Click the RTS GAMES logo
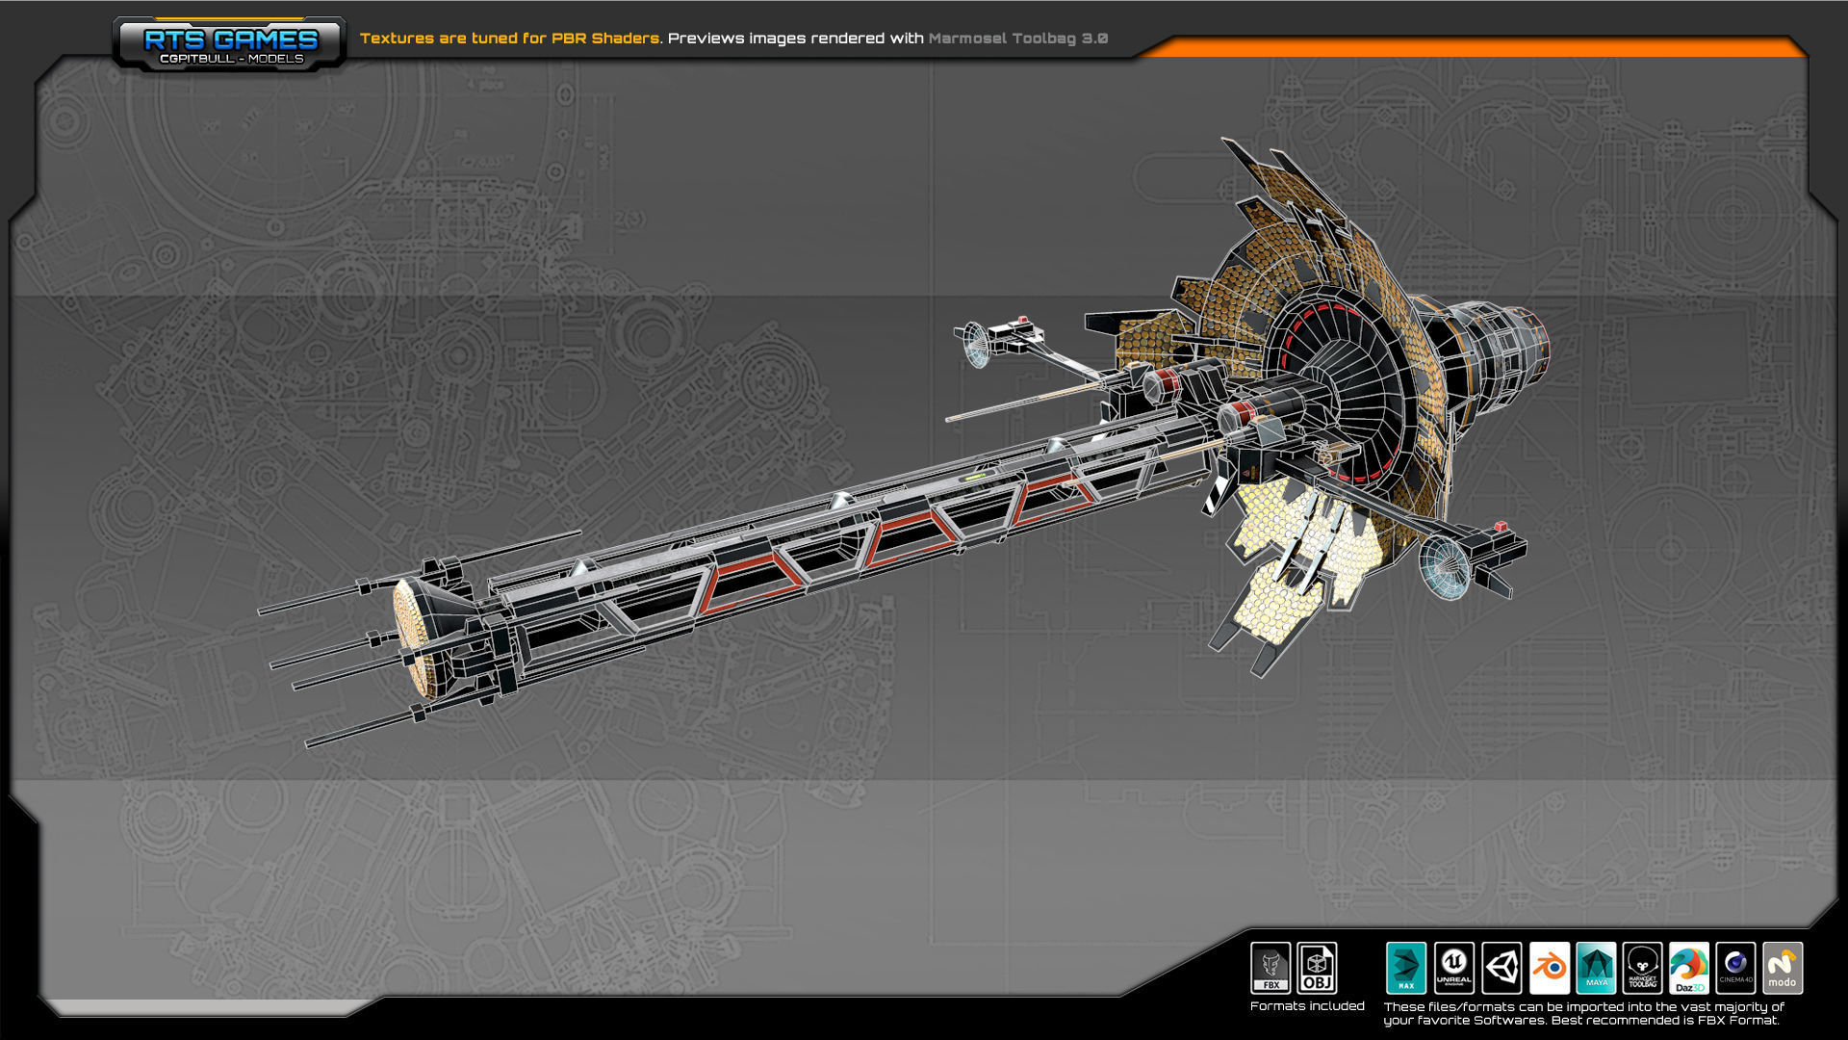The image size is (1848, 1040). click(x=229, y=43)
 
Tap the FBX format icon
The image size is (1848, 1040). click(x=1270, y=967)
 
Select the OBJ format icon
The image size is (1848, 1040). click(x=1317, y=967)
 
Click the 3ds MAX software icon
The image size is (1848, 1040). click(x=1406, y=967)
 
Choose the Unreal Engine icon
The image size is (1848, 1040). click(x=1453, y=967)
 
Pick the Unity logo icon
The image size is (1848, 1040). click(x=1501, y=967)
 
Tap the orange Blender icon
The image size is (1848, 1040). click(x=1549, y=967)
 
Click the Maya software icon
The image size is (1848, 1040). click(x=1596, y=967)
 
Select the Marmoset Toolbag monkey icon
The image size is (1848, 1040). click(x=1642, y=967)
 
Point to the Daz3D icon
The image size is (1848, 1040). click(x=1689, y=967)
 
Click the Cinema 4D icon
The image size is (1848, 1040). click(x=1735, y=967)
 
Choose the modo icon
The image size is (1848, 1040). click(x=1783, y=967)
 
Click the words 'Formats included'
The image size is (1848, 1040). click(x=1307, y=1006)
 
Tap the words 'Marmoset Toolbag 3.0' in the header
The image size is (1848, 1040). click(x=1017, y=39)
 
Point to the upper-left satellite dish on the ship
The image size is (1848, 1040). click(x=974, y=345)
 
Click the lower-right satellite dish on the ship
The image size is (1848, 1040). click(x=1444, y=566)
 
